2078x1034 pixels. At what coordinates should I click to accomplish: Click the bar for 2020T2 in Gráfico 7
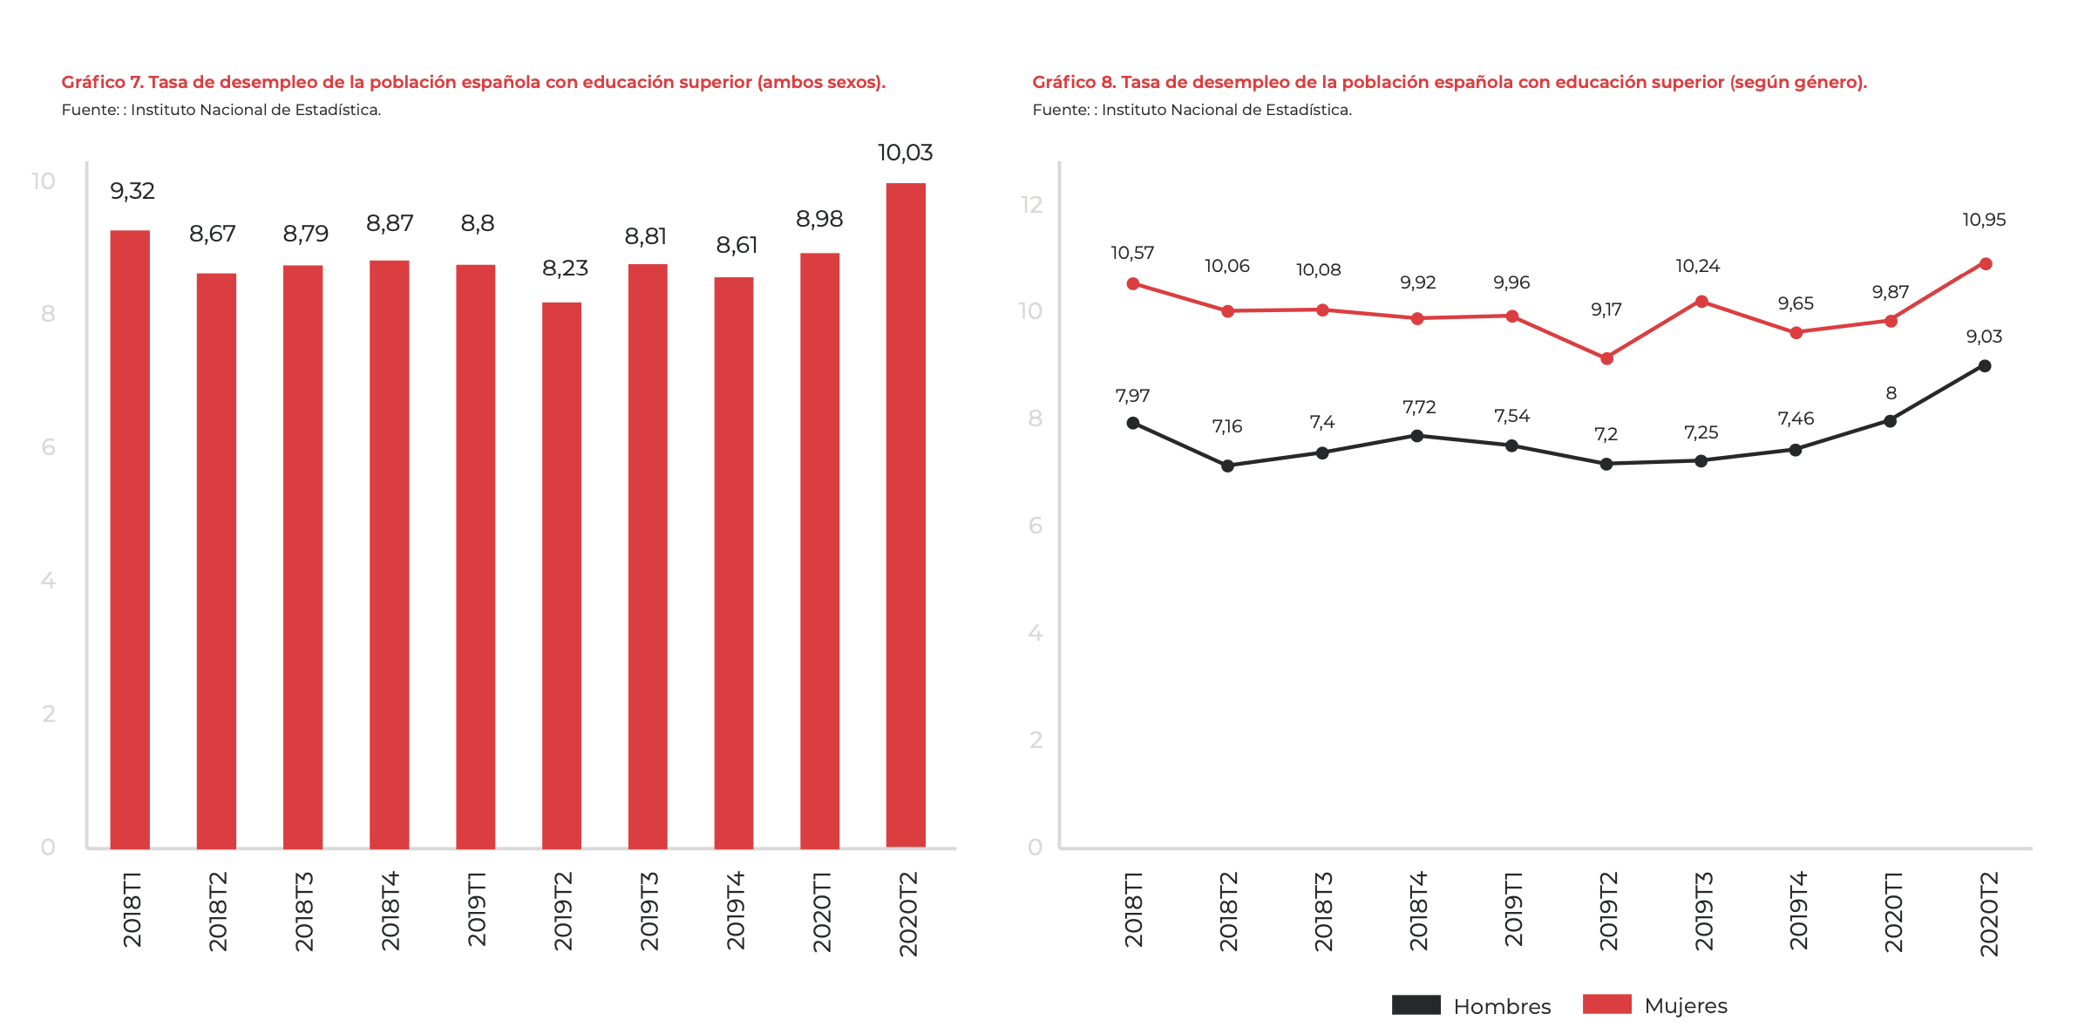906,514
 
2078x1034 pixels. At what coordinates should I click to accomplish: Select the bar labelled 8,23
561,575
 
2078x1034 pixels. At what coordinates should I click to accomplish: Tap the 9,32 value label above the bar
132,191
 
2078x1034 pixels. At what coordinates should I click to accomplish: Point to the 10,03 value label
905,153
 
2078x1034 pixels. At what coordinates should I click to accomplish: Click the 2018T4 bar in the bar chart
389,554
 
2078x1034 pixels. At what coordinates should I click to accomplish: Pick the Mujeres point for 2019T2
1606,358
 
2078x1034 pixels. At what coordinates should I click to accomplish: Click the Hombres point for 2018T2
1227,466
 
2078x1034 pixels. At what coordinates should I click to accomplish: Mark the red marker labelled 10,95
1986,264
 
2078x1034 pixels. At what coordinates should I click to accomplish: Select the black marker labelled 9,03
1985,366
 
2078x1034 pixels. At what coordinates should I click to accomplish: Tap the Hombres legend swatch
1416,1004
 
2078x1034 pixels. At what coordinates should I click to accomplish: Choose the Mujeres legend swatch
1606,1004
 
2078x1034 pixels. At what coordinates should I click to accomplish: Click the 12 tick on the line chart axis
1032,205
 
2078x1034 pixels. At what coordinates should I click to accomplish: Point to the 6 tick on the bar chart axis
48,447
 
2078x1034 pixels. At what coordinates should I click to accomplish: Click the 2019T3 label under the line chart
1703,910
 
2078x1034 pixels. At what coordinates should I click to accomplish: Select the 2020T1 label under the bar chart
821,910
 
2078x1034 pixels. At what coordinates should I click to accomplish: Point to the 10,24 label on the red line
1697,266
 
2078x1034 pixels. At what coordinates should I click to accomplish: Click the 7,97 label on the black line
1132,396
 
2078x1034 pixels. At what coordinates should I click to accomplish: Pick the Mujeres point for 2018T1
1133,283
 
